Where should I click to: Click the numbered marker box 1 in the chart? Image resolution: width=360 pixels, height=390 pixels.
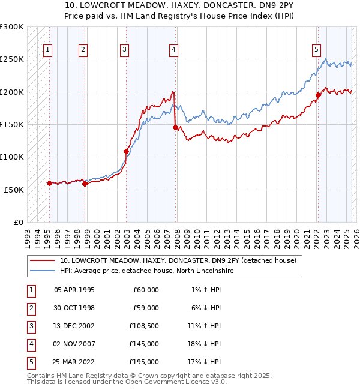click(47, 50)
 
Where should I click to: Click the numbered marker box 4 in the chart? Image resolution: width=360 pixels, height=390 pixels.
click(173, 50)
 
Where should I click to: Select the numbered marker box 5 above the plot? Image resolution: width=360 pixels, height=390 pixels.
click(316, 50)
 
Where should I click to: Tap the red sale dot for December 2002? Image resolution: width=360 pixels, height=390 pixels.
click(127, 151)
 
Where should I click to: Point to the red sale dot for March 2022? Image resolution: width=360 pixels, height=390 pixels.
click(319, 95)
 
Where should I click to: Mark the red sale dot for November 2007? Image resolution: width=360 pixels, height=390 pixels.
click(175, 127)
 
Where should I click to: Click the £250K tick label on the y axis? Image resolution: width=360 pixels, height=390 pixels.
click(12, 59)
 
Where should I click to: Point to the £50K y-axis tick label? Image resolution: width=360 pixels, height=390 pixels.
click(14, 190)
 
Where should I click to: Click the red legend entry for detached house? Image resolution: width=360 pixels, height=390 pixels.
click(178, 260)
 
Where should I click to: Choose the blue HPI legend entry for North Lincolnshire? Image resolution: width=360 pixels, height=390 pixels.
click(146, 271)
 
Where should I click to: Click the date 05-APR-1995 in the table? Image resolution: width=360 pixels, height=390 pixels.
click(74, 290)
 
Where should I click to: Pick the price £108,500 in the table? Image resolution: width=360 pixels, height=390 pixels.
click(144, 326)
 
